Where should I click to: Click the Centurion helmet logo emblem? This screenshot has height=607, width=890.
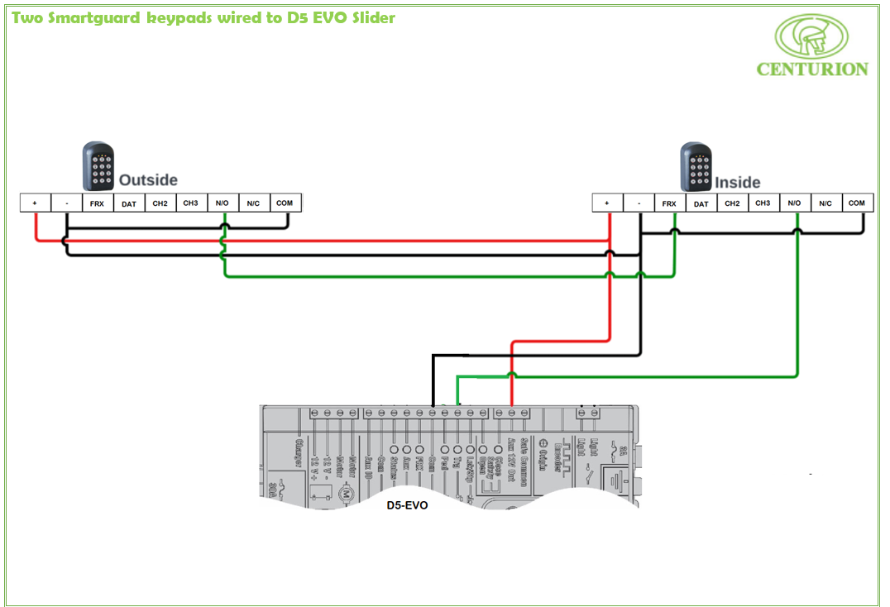click(x=811, y=36)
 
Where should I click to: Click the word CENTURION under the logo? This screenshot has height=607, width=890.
click(x=812, y=69)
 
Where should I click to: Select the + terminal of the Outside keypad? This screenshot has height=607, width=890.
click(x=35, y=203)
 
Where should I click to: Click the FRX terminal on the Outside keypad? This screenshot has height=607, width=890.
click(x=97, y=203)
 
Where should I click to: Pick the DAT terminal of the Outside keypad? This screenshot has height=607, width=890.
click(x=129, y=203)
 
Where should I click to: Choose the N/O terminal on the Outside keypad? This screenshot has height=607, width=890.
click(x=223, y=203)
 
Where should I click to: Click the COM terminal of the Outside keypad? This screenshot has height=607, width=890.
click(x=285, y=203)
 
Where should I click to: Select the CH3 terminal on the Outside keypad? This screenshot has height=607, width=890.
click(x=191, y=203)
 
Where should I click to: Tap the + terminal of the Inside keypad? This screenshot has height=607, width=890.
click(x=608, y=203)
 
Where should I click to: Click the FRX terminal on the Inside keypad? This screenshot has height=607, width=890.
click(x=669, y=203)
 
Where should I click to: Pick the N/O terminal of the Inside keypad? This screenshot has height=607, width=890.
click(x=794, y=203)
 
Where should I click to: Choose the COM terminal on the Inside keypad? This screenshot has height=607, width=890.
click(x=856, y=203)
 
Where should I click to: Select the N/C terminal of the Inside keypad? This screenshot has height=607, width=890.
click(x=825, y=203)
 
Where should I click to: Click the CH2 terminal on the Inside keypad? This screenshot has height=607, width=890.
click(x=732, y=203)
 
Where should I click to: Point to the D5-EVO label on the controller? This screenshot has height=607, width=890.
click(x=407, y=505)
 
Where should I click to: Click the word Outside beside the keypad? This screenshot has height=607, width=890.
click(x=148, y=180)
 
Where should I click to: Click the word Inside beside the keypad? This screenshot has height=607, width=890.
click(x=738, y=182)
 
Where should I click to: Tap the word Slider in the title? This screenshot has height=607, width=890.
click(x=371, y=17)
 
